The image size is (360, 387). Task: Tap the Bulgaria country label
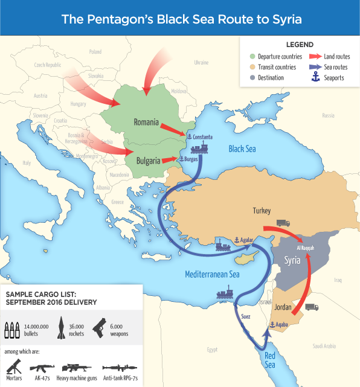[x=147, y=161]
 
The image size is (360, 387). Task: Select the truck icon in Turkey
[x=283, y=223]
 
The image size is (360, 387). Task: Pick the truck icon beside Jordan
[x=312, y=307]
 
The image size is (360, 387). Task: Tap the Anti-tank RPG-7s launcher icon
[x=120, y=367]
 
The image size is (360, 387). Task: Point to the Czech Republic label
[x=48, y=65]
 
